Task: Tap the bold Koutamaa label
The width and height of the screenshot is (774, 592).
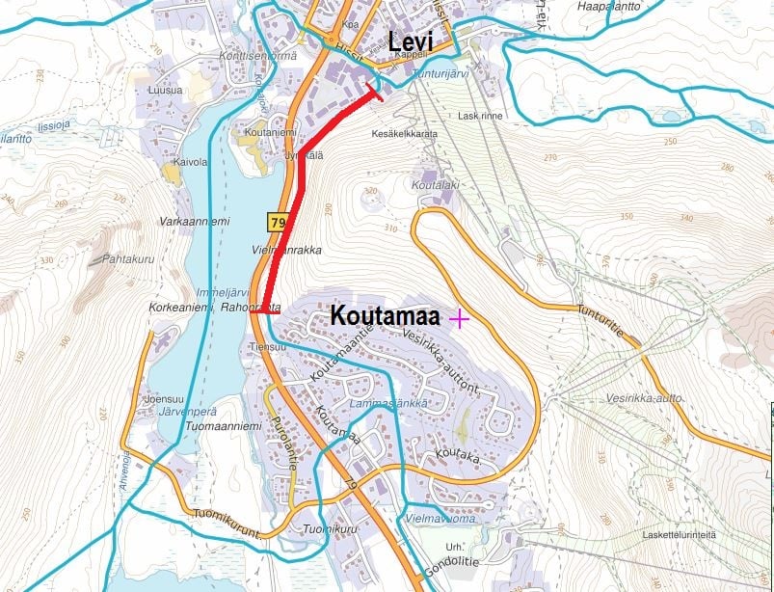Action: coord(385,315)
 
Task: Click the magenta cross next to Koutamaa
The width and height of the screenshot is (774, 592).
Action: coord(459,318)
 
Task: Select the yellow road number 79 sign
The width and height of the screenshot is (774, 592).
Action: coord(278,224)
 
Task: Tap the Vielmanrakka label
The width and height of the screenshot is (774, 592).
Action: coord(286,250)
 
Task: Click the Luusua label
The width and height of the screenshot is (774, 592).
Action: coord(165,91)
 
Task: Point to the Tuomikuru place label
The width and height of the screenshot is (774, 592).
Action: coord(325,529)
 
